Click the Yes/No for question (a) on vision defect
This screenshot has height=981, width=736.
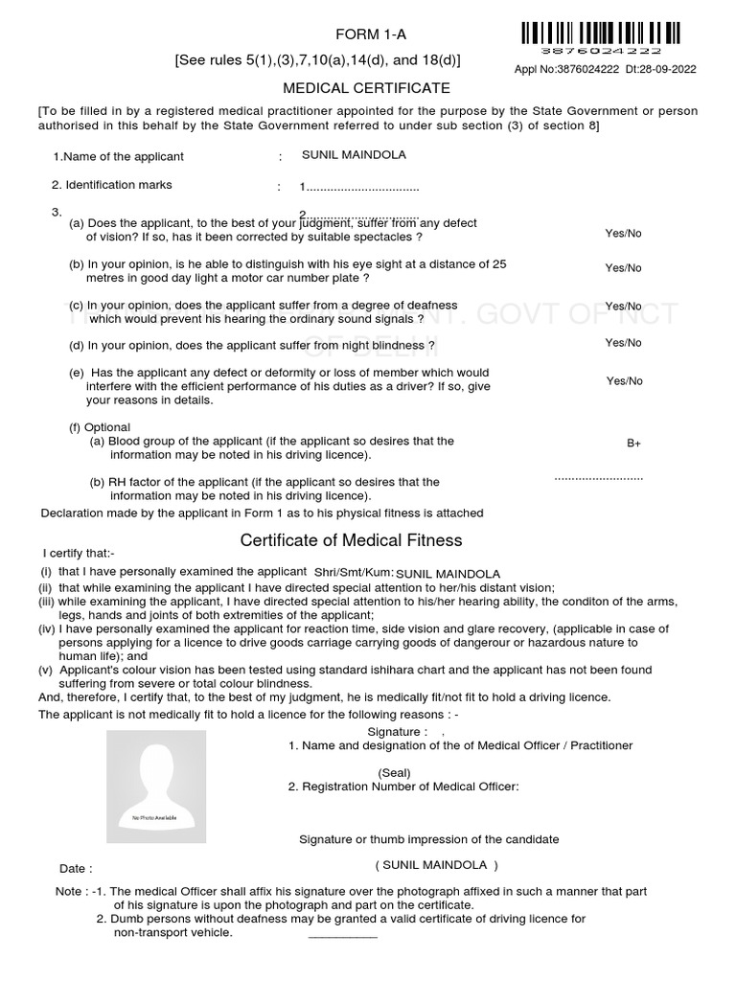623,233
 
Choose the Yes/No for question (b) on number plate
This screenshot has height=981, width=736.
623,268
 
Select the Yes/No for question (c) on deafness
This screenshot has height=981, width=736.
623,306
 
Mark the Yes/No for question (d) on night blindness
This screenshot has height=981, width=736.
623,342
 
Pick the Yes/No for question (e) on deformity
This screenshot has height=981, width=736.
624,381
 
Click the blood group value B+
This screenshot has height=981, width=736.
633,444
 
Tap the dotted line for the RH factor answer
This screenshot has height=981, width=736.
598,477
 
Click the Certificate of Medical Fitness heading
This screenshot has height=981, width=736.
351,540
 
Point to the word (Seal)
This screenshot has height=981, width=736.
394,772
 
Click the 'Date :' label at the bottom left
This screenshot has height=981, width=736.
76,869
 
